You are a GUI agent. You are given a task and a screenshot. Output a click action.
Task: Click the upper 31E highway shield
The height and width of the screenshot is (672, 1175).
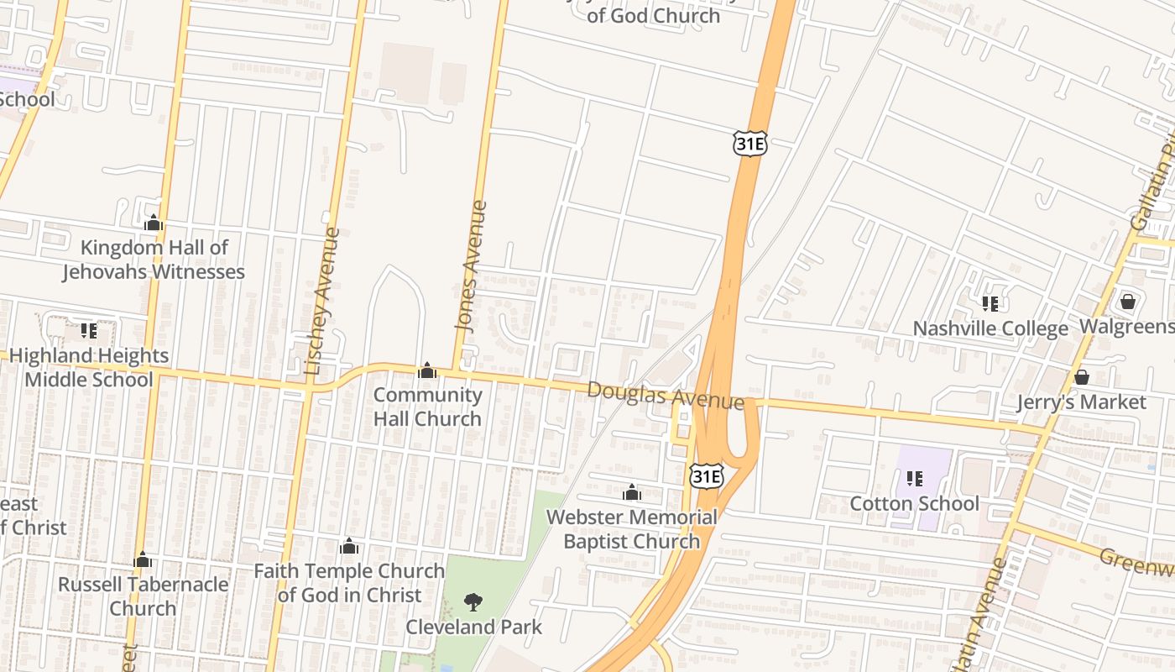pyautogui.click(x=749, y=144)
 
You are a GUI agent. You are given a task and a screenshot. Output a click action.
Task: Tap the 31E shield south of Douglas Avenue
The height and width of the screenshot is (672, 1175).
pyautogui.click(x=707, y=476)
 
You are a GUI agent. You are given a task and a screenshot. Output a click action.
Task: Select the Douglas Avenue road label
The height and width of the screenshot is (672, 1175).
pyautogui.click(x=665, y=395)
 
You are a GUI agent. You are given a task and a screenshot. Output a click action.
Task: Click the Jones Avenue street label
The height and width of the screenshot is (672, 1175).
pyautogui.click(x=470, y=265)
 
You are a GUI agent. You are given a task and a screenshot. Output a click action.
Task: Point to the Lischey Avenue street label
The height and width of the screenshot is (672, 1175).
pyautogui.click(x=323, y=301)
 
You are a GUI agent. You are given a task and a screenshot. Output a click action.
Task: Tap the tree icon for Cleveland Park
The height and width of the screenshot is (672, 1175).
pyautogui.click(x=473, y=601)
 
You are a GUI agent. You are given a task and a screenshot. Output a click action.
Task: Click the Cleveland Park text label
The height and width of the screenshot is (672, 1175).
pyautogui.click(x=474, y=627)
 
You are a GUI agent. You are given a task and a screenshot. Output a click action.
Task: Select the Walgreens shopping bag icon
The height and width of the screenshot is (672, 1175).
pyautogui.click(x=1128, y=301)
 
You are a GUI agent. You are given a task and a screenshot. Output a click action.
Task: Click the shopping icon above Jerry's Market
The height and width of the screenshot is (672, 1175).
pyautogui.click(x=1082, y=377)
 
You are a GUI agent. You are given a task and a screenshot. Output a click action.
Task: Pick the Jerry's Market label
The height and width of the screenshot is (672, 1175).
pyautogui.click(x=1081, y=402)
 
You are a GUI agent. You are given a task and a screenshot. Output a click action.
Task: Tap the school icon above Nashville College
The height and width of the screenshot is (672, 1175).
pyautogui.click(x=990, y=303)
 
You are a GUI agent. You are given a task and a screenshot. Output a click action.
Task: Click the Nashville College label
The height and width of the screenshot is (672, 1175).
pyautogui.click(x=990, y=328)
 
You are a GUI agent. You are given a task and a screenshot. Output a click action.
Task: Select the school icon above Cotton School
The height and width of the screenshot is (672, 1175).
pyautogui.click(x=915, y=479)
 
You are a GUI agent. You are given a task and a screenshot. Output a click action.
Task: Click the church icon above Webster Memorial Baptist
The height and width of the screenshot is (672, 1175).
pyautogui.click(x=632, y=492)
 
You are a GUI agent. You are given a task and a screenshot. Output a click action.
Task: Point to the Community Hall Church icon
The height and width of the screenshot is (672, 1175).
pyautogui.click(x=427, y=370)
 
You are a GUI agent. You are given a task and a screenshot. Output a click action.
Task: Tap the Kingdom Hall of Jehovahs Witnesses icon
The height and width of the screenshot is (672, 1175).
pyautogui.click(x=153, y=223)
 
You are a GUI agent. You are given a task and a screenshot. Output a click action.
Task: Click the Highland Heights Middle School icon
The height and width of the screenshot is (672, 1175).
pyautogui.click(x=89, y=331)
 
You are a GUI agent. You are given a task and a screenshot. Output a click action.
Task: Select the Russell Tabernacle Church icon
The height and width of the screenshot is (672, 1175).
pyautogui.click(x=143, y=559)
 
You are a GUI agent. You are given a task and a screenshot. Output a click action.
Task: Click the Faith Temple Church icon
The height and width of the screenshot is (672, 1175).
pyautogui.click(x=349, y=547)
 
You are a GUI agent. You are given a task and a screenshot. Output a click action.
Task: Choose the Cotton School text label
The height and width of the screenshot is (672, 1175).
pyautogui.click(x=915, y=503)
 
